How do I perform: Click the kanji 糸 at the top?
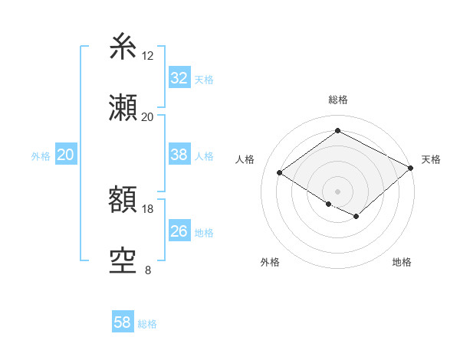coord(123,47)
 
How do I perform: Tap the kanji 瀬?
coord(123,108)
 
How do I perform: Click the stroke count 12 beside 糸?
coord(148,56)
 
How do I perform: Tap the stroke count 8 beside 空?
coord(148,270)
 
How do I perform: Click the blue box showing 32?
coord(179,78)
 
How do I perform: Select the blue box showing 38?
coord(179,155)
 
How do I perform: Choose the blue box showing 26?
coord(179,231)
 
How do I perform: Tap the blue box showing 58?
coord(123,323)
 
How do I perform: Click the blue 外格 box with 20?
coord(65,155)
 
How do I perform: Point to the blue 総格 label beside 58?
coord(147,324)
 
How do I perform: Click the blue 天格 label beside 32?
coord(204,79)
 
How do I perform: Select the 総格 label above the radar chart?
coord(337,100)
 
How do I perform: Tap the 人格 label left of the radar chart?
coord(245,159)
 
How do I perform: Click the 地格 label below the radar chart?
coord(402,262)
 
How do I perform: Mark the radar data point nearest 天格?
coord(411,169)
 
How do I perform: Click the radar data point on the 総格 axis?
coord(337,131)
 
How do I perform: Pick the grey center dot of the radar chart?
coord(337,191)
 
